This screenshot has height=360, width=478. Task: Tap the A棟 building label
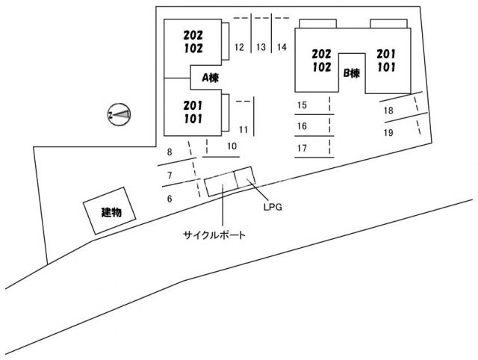tap(208, 77)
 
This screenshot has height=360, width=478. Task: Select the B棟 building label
tap(352, 73)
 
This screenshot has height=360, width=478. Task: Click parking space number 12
tap(239, 47)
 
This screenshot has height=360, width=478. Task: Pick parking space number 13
tap(261, 47)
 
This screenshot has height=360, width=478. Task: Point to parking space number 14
tap(282, 47)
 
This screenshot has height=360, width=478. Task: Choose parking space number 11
tap(243, 128)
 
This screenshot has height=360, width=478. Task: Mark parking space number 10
tap(232, 146)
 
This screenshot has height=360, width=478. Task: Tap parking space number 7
tap(170, 175)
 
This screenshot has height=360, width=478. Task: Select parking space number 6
tap(170, 198)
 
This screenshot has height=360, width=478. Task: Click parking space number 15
tap(302, 105)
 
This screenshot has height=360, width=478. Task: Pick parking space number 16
tap(302, 126)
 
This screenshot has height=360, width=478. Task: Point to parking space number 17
tap(302, 148)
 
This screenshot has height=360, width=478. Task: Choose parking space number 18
tap(388, 111)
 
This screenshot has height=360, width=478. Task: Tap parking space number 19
tap(388, 133)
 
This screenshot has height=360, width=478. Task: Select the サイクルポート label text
tap(215, 235)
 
